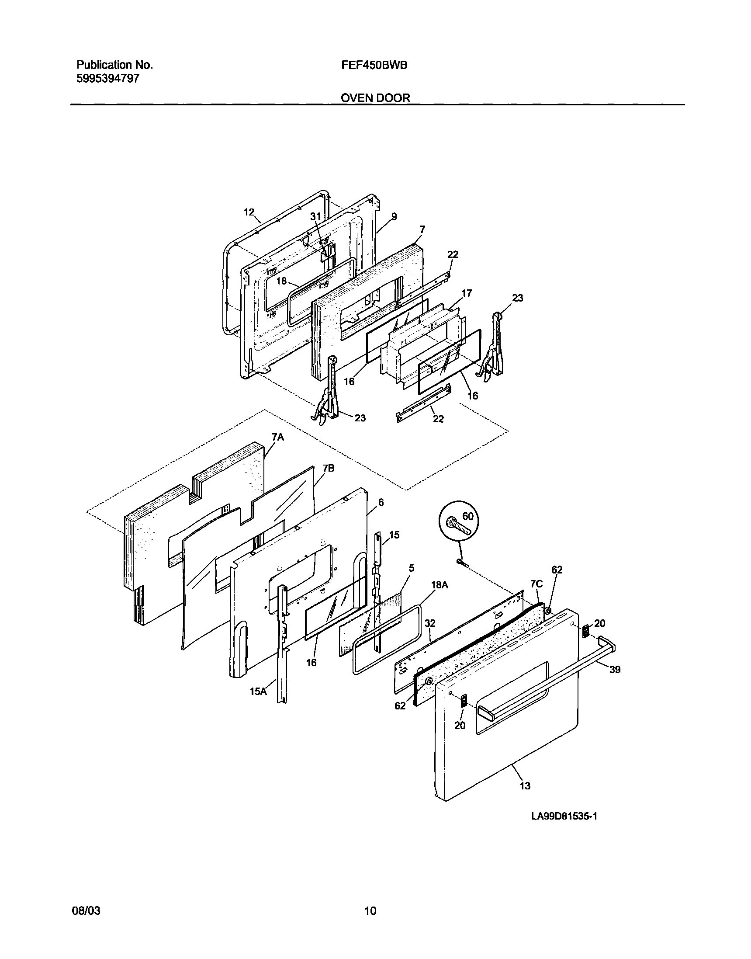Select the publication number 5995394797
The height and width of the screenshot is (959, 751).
click(x=108, y=79)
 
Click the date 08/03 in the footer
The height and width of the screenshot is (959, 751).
click(x=86, y=910)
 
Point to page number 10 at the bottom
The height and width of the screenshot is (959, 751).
click(x=370, y=910)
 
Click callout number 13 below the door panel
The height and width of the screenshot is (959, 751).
click(x=525, y=785)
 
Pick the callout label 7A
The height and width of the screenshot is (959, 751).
click(x=277, y=437)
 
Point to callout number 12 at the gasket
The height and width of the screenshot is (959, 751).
click(x=249, y=212)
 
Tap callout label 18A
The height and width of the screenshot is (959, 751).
click(x=440, y=585)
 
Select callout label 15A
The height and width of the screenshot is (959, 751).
click(x=258, y=691)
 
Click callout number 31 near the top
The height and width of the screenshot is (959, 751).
click(x=316, y=216)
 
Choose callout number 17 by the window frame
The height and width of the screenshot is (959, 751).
click(x=467, y=293)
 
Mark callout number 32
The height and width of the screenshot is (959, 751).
click(x=430, y=623)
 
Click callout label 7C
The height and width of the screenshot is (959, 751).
click(x=536, y=584)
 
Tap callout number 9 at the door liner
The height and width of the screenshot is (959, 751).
click(x=394, y=216)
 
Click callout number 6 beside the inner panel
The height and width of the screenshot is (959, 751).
click(x=381, y=502)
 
